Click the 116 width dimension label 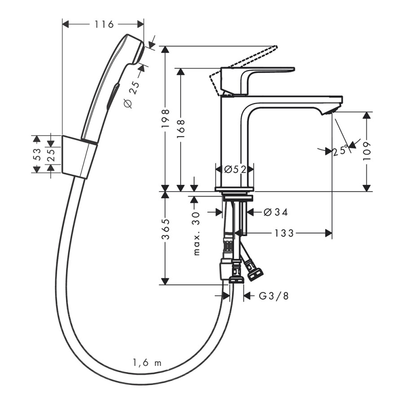point(104,24)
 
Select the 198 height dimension point(166,119)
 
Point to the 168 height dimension point(182,131)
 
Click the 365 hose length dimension point(166,231)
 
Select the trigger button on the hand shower point(112,95)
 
